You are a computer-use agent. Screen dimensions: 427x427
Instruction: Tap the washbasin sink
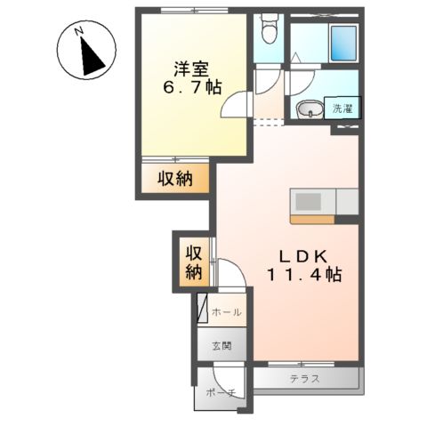click(309, 110)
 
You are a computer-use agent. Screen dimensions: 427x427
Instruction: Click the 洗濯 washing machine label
click(342, 109)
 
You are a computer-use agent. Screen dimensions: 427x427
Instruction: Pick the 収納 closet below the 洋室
click(175, 179)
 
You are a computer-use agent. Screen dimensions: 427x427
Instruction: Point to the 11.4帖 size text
click(302, 275)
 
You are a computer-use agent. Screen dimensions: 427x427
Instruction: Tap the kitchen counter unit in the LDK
click(323, 205)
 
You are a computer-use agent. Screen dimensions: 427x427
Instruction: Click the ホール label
click(228, 313)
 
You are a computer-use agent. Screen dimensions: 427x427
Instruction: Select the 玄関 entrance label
click(222, 344)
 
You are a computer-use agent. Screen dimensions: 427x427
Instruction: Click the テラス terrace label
click(304, 378)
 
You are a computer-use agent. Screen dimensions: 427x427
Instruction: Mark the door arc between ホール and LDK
click(229, 274)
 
